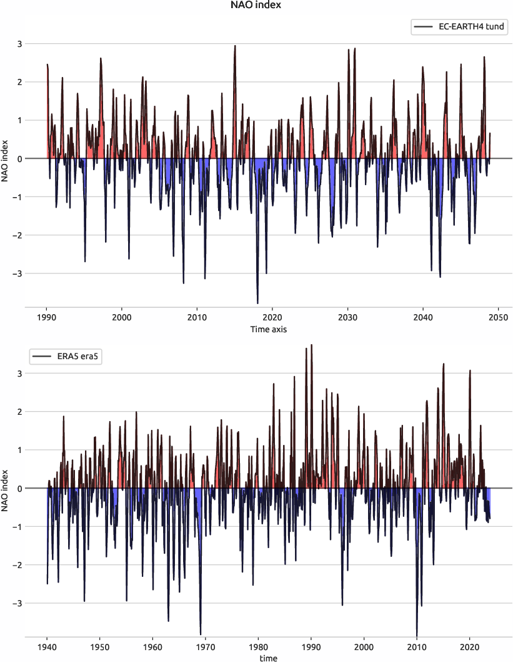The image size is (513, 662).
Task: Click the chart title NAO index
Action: click(256, 6)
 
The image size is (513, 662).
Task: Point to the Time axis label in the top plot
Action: click(269, 329)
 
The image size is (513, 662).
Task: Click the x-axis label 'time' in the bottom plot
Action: click(269, 658)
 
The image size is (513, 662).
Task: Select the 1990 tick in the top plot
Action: click(47, 318)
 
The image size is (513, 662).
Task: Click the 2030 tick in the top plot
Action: click(347, 318)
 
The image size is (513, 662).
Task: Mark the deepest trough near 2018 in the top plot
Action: click(257, 303)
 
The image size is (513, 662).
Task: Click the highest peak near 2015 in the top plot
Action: click(235, 46)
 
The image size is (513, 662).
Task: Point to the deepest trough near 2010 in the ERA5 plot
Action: click(417, 634)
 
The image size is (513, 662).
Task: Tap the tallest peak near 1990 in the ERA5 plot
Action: click(311, 345)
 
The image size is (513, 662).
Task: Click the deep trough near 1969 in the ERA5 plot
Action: click(201, 633)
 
